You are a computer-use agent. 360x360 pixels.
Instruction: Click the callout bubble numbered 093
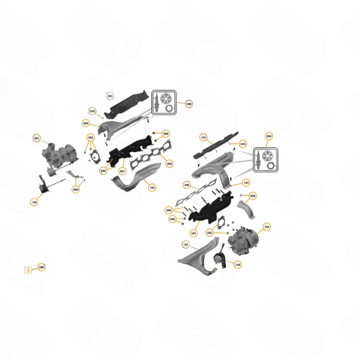(110, 96)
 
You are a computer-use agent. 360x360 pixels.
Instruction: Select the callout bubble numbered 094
(86, 123)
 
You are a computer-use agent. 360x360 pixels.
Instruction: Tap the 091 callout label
(36, 138)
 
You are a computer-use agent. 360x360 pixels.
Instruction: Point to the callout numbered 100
(152, 188)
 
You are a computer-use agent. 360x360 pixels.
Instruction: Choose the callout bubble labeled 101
(203, 138)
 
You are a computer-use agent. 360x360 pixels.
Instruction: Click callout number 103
(246, 183)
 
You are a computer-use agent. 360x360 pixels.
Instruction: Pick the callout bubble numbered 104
(266, 227)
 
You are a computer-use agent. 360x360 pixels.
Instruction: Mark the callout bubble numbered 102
(185, 244)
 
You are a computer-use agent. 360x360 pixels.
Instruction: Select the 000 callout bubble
(41, 267)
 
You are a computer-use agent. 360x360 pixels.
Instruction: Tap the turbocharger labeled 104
(245, 239)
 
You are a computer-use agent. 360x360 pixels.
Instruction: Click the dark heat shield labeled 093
(128, 103)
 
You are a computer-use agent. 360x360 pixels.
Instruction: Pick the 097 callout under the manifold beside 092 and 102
(194, 233)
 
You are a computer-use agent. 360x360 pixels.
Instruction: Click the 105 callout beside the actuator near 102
(238, 265)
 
